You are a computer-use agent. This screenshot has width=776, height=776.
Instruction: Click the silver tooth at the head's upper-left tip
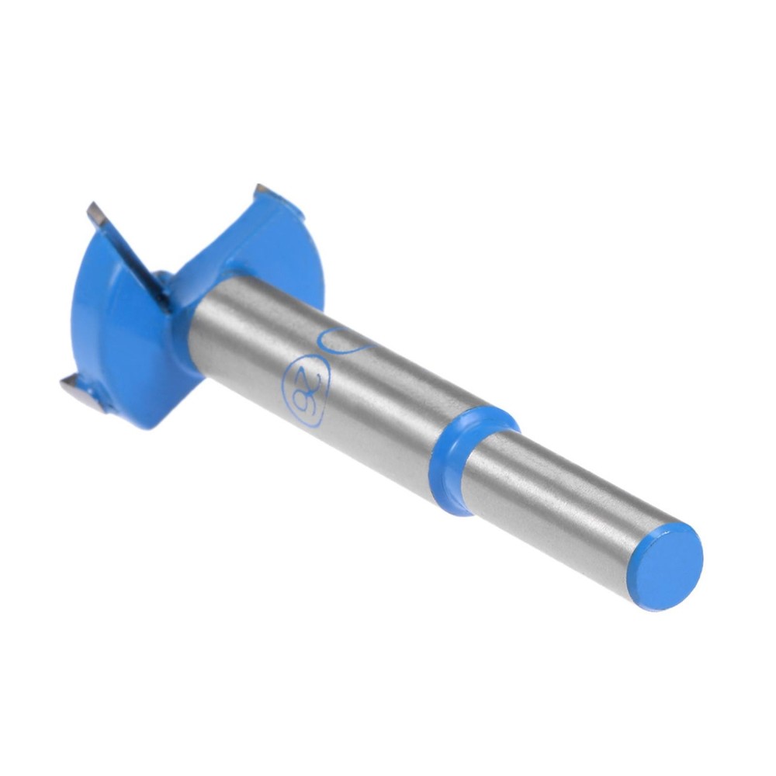[x=98, y=214]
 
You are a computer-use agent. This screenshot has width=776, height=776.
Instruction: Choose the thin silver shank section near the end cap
[x=566, y=512]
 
